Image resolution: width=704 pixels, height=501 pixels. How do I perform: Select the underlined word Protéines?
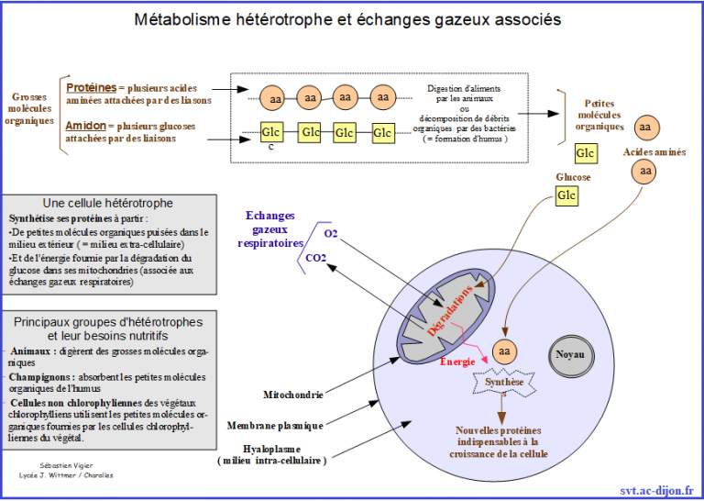point(91,86)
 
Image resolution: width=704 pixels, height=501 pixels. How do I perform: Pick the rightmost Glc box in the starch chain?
point(384,133)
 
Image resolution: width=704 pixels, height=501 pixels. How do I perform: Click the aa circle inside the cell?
point(503,351)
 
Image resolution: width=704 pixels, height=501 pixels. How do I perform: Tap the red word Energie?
point(457,362)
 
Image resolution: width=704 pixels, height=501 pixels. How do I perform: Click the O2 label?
point(330,234)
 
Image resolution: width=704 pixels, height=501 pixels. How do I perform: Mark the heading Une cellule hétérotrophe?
point(108,203)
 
